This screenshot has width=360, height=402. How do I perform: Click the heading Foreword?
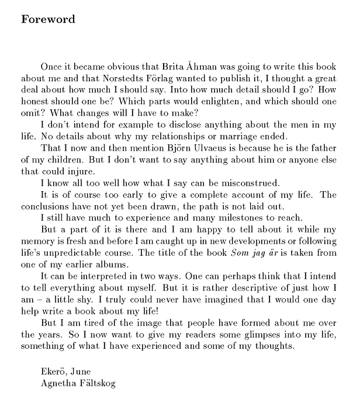point(48,19)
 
